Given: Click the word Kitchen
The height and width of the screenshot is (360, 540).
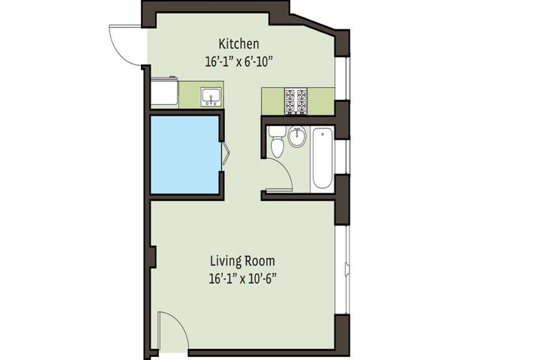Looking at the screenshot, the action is (238, 44).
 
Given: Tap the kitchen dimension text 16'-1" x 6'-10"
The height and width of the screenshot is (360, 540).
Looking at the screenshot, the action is (238, 62).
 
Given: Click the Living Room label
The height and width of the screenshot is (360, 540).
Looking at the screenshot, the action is (242, 261).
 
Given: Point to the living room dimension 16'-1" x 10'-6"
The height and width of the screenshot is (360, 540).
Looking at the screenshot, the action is (243, 278).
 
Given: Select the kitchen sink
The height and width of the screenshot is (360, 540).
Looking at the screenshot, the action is (211, 97).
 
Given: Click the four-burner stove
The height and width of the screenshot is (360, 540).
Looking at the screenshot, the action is (295, 101).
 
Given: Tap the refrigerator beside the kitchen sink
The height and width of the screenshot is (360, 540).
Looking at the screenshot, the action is (164, 91).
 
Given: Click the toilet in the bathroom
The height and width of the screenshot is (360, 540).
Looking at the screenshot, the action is (277, 141).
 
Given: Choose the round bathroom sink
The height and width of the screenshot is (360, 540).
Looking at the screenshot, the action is (297, 136).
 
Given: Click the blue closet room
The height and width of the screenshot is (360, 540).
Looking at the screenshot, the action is (185, 154).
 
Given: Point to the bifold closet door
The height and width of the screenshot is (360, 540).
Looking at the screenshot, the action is (225, 153).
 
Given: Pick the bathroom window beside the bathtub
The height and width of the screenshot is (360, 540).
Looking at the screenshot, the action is (342, 157).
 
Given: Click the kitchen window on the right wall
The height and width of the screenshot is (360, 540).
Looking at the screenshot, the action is (342, 79).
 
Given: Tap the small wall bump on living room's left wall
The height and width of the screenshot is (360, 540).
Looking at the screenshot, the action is (154, 256).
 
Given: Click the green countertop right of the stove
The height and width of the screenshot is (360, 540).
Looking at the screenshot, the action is (321, 101).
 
